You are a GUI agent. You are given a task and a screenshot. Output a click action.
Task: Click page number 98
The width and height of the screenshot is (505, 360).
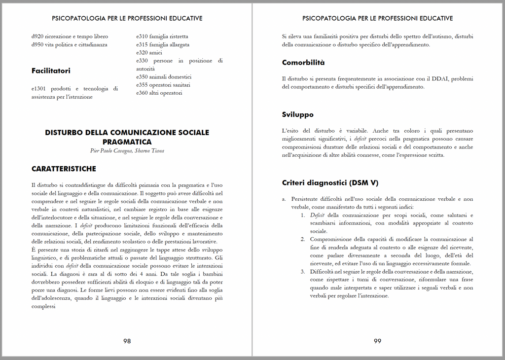click(x=127, y=341)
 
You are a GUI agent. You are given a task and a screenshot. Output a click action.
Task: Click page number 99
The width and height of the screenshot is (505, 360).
click(x=377, y=341)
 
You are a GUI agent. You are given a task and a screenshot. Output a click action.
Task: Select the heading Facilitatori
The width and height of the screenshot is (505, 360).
click(x=51, y=71)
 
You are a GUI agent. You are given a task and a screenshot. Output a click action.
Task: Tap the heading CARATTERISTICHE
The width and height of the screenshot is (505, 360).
click(x=64, y=169)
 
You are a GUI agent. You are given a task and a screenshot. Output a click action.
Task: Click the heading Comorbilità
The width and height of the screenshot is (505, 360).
click(x=303, y=63)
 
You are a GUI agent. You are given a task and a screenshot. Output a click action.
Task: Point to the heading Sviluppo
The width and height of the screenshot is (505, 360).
click(x=297, y=114)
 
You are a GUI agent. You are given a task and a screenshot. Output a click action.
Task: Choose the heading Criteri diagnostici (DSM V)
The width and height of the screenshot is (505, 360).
click(x=330, y=182)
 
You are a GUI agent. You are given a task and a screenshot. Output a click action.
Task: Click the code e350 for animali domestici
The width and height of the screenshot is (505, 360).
click(x=142, y=77)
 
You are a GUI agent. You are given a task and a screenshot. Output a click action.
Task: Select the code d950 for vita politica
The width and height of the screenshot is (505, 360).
click(x=37, y=44)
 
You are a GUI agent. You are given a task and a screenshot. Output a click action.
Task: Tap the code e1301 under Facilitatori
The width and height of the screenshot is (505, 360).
click(x=39, y=89)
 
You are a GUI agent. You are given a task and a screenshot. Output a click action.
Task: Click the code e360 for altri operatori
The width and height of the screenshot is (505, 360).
click(x=142, y=93)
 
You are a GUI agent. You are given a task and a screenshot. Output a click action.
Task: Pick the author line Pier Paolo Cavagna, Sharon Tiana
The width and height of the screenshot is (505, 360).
click(x=127, y=151)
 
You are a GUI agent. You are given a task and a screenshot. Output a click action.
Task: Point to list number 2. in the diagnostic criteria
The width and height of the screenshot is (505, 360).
click(x=303, y=239)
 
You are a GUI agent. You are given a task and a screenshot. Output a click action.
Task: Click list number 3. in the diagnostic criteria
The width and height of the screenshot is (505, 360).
click(x=303, y=272)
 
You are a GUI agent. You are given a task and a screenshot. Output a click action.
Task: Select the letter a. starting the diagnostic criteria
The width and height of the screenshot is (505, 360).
click(x=284, y=199)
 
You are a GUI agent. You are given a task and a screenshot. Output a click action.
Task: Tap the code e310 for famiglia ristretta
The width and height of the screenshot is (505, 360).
click(x=142, y=36)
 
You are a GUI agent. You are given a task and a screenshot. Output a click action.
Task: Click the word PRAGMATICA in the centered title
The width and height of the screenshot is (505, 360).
click(x=127, y=142)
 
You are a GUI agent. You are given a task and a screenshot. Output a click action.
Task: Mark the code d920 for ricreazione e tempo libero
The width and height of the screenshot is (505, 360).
click(x=37, y=36)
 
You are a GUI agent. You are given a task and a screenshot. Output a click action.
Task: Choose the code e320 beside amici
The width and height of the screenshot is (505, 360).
click(x=142, y=53)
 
